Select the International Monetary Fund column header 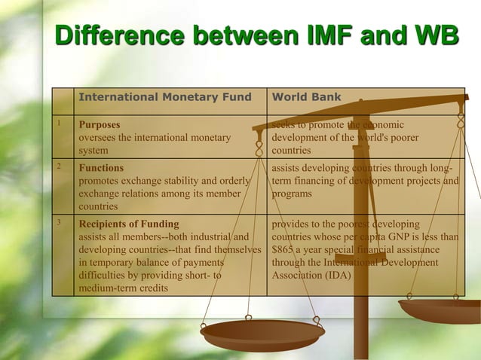point(165,97)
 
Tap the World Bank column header point(306,97)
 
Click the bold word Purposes point(100,124)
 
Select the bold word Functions point(101,168)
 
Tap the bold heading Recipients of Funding point(129,224)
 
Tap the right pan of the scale point(440,310)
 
